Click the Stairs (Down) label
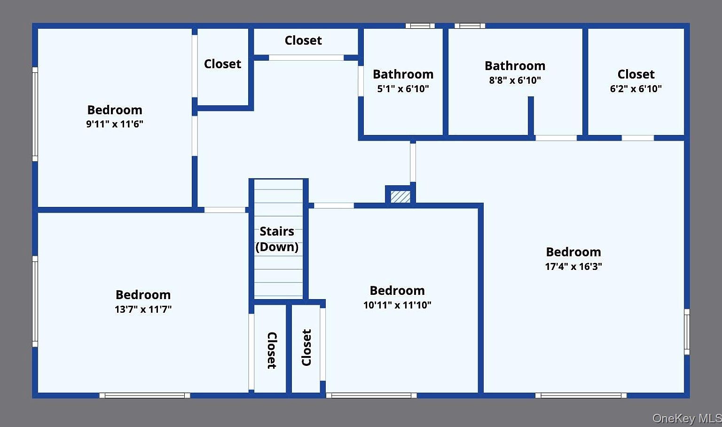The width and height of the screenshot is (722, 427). click(x=277, y=239)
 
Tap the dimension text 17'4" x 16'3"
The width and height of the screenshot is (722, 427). click(x=573, y=266)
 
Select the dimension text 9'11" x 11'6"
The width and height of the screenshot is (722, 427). click(x=115, y=124)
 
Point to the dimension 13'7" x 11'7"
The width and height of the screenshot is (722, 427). click(x=143, y=309)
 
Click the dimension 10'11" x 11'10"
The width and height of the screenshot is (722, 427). click(x=397, y=305)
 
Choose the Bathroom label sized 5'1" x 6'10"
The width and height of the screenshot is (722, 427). click(x=403, y=74)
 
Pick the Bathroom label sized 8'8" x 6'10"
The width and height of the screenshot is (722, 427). click(x=515, y=66)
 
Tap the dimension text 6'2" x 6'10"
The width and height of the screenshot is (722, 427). click(x=636, y=88)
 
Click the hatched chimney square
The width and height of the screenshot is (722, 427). click(x=400, y=197)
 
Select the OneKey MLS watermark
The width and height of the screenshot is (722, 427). click(x=686, y=418)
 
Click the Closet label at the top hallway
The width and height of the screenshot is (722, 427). click(x=303, y=40)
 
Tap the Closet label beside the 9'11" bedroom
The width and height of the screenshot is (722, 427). click(x=222, y=64)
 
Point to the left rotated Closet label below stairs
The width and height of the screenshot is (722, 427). click(x=272, y=350)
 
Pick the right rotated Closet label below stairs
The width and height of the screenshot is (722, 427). click(x=306, y=348)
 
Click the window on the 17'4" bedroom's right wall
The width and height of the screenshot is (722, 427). click(x=687, y=332)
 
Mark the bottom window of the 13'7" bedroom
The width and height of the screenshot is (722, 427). click(x=145, y=395)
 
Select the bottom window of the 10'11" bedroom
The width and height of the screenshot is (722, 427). click(x=371, y=395)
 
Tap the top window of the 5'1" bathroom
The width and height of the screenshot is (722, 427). click(x=420, y=26)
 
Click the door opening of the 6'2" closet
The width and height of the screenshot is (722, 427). click(x=637, y=138)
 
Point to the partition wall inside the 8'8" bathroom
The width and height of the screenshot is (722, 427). click(x=531, y=116)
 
